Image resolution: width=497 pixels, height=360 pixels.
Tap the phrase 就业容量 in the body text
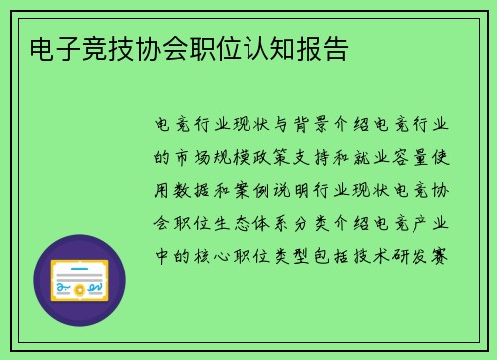coord(393,157)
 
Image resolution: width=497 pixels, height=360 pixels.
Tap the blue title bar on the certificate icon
coord(80,266)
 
